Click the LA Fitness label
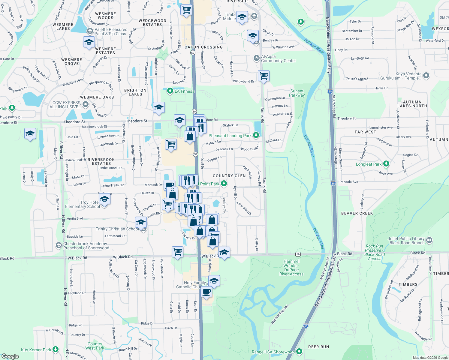(184, 91)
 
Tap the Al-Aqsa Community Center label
(278, 58)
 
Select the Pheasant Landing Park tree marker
(256, 136)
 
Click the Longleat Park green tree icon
(386, 164)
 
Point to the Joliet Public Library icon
(429, 240)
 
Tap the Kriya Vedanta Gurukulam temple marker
(426, 76)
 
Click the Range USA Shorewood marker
(299, 351)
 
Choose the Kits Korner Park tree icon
(56, 349)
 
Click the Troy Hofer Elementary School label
(82, 204)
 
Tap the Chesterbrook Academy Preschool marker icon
(59, 246)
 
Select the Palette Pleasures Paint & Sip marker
(90, 31)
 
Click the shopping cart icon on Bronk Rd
(264, 76)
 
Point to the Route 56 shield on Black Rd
(298, 254)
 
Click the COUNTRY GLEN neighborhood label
(229, 176)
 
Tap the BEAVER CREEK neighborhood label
(357, 213)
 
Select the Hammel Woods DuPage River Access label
(291, 268)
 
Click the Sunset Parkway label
(297, 93)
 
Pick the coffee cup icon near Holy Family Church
(206, 292)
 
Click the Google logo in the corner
(10, 356)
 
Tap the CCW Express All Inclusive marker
(86, 104)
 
